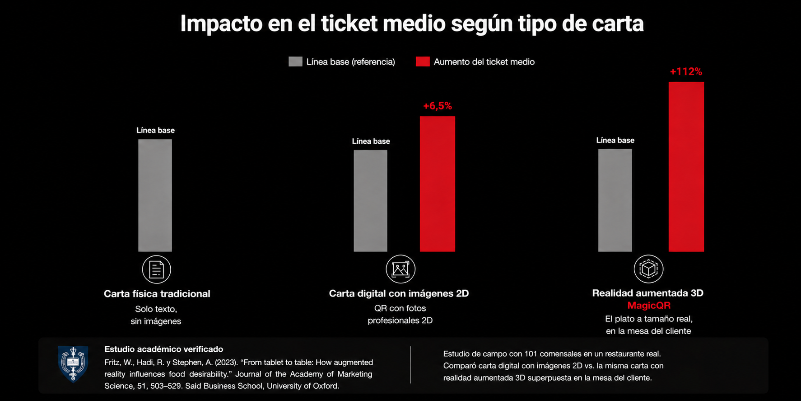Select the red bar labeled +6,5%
point(437,184)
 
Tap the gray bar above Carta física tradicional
point(155,195)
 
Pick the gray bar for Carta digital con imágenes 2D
point(370,201)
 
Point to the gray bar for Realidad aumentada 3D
point(615,200)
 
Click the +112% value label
point(686,71)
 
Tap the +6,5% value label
point(437,106)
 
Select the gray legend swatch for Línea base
point(295,62)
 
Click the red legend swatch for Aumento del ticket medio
point(423,62)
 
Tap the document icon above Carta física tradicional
point(156,269)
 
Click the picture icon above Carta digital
point(400,269)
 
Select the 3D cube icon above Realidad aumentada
point(648,269)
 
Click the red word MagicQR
point(649,306)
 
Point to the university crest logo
point(73,363)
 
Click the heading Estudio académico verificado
point(163,349)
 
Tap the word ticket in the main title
point(349,24)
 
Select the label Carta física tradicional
point(157,294)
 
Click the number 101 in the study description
point(531,354)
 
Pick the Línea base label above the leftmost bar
point(155,130)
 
